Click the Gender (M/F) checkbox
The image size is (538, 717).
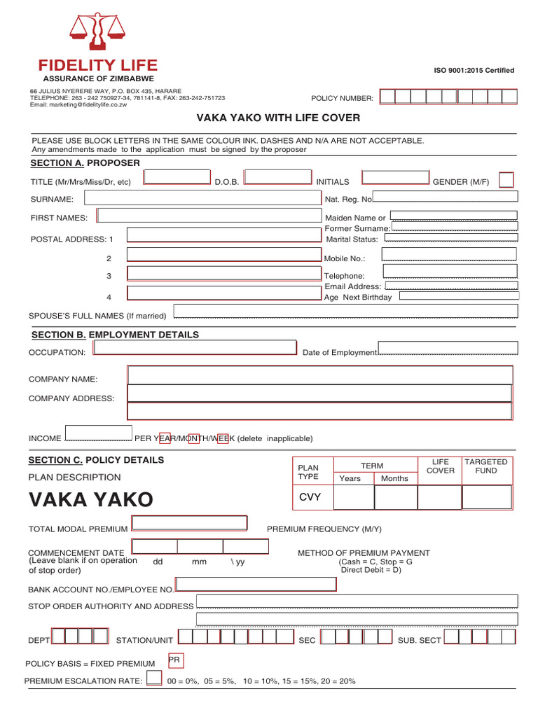(x=505, y=180)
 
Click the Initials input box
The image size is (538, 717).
(x=395, y=177)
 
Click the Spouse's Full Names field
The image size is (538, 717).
(x=346, y=312)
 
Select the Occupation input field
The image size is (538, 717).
(x=195, y=348)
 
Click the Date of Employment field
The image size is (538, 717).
(x=448, y=348)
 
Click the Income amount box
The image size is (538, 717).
(x=98, y=434)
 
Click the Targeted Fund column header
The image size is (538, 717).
(x=486, y=466)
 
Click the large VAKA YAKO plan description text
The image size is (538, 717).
(x=90, y=500)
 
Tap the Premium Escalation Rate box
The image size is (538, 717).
(x=153, y=678)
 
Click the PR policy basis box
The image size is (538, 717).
(x=175, y=660)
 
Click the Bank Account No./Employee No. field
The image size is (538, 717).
(x=255, y=585)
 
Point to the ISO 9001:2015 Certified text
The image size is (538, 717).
(x=474, y=70)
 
